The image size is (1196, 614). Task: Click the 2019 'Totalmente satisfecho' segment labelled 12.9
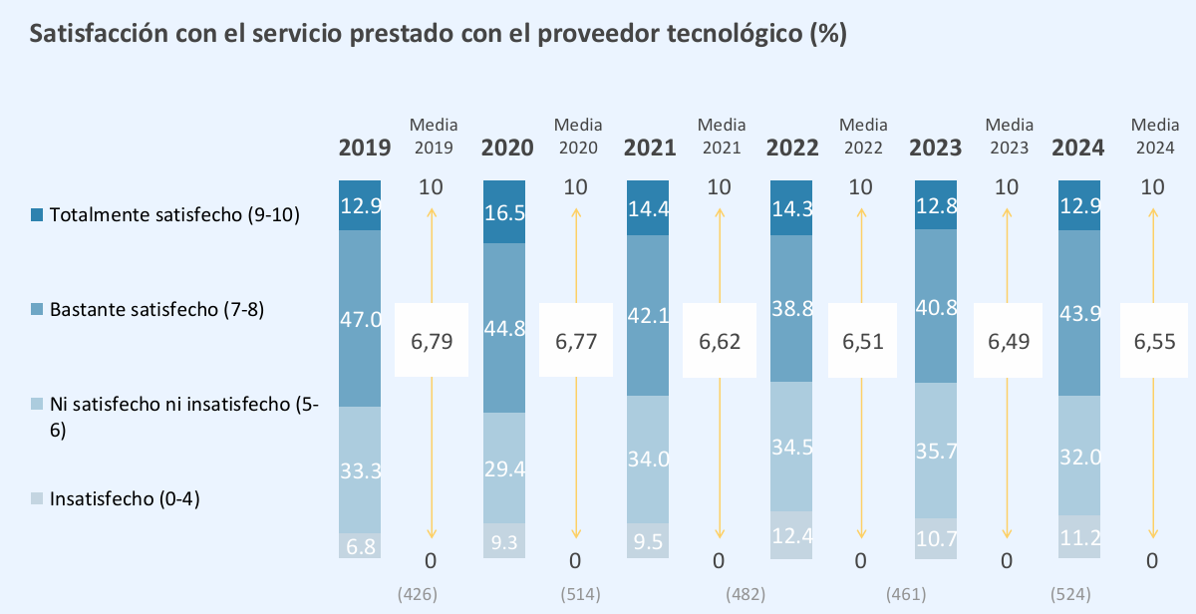click(360, 205)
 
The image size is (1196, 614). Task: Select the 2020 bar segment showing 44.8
click(502, 328)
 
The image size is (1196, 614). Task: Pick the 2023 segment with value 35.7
click(936, 451)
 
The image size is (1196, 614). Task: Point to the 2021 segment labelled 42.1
click(646, 315)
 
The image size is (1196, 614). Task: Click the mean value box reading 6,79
click(432, 341)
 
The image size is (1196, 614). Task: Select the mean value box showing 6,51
click(863, 341)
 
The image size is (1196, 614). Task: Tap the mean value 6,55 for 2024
click(1155, 341)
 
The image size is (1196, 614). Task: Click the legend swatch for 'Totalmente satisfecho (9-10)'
click(37, 214)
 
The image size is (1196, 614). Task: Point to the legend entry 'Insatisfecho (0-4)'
click(125, 499)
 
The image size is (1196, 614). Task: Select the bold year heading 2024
click(1078, 149)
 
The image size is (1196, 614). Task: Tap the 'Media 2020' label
click(578, 136)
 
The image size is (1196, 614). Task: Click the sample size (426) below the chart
click(417, 594)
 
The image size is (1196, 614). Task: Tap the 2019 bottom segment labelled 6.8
click(360, 545)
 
